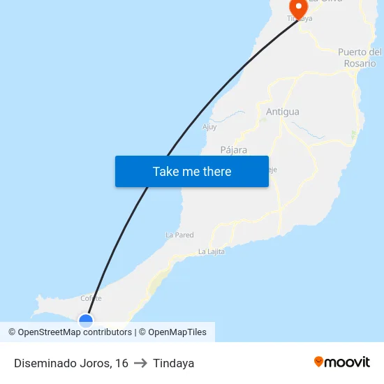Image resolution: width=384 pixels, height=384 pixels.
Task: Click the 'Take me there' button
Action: coord(192,171)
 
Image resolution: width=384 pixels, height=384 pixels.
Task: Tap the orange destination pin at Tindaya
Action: coord(298,8)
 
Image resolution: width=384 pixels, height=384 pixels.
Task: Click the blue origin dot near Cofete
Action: coord(86,320)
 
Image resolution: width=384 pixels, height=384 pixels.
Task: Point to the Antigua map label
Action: coord(283,112)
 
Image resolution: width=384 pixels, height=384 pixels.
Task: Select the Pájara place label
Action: coord(234,150)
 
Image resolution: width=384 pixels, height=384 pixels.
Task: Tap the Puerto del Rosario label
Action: coord(360,58)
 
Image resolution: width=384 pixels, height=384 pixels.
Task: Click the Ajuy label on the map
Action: coord(209,127)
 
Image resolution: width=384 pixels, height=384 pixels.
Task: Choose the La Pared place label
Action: coord(179,235)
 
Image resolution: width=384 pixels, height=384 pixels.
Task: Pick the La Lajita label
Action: coord(212,251)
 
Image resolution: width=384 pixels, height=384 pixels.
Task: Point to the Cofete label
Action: coord(91,299)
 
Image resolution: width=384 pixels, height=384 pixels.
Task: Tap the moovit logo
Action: coord(342,362)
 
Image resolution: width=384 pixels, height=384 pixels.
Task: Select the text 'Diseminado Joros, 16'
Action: coord(71,363)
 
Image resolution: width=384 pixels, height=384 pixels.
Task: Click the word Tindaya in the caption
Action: coord(173,363)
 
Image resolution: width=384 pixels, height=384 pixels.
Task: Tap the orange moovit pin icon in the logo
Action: coord(319,362)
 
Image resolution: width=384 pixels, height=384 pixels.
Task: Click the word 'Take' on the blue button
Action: coord(165,171)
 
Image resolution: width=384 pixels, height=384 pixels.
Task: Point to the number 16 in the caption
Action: coord(122,363)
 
